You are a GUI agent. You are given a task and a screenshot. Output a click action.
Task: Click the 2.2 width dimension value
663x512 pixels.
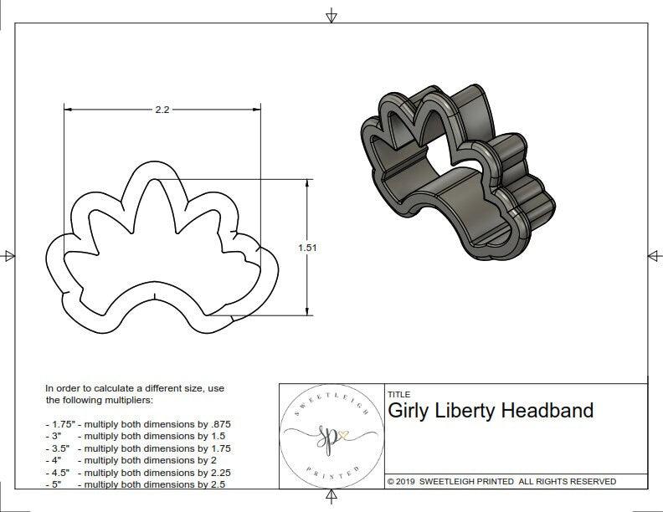(162, 110)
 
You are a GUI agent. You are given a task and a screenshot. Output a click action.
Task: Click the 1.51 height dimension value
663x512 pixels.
(308, 248)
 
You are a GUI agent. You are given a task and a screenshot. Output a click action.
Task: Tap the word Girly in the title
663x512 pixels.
(411, 410)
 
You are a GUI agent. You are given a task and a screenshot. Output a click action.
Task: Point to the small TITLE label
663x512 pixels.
(398, 394)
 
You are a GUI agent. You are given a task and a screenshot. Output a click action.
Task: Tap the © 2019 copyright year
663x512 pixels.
(401, 481)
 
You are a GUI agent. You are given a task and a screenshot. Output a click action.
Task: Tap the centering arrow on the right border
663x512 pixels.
(654, 256)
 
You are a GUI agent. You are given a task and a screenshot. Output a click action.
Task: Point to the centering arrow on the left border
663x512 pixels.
(8, 256)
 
